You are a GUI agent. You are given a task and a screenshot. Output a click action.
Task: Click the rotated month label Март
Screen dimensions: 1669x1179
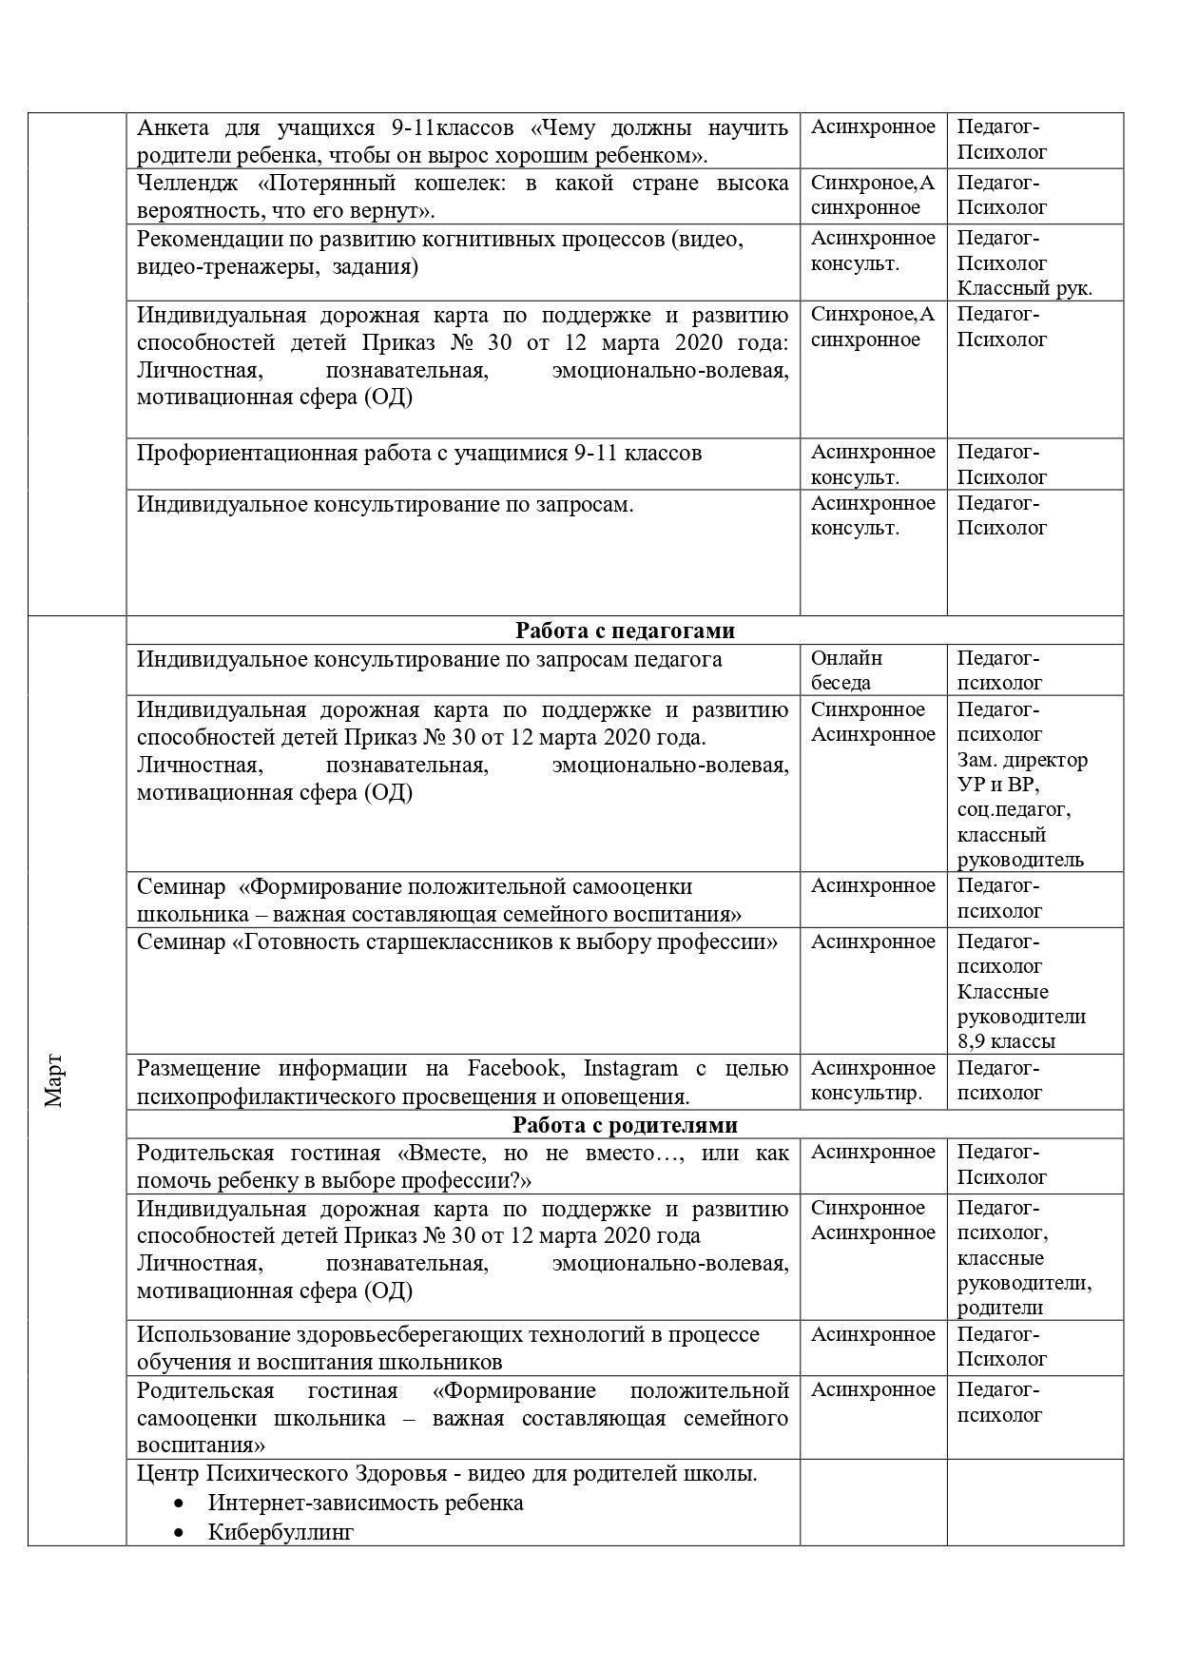pyautogui.click(x=53, y=1079)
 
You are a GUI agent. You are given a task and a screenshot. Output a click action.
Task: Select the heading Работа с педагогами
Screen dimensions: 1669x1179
pyautogui.click(x=625, y=631)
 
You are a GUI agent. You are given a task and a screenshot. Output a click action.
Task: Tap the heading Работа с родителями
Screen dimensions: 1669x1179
pyautogui.click(x=625, y=1125)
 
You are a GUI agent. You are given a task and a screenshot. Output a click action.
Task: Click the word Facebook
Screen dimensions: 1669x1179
pyautogui.click(x=515, y=1068)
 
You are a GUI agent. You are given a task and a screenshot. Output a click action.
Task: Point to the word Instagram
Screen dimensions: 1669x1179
pyautogui.click(x=630, y=1068)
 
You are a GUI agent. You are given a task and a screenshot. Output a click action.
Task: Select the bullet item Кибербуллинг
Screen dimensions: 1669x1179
pyautogui.click(x=280, y=1532)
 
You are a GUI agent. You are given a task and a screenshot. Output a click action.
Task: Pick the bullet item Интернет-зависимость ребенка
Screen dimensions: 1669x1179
pyautogui.click(x=365, y=1503)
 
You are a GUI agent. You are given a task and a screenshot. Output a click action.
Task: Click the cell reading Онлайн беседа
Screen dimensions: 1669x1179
pyautogui.click(x=846, y=670)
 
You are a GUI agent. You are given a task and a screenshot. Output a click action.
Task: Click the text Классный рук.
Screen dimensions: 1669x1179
pyautogui.click(x=1024, y=288)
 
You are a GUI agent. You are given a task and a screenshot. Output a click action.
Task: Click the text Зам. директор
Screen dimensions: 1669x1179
pyautogui.click(x=1022, y=760)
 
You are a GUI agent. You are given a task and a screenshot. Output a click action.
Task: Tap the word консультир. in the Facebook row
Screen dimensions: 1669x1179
pyautogui.click(x=866, y=1093)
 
